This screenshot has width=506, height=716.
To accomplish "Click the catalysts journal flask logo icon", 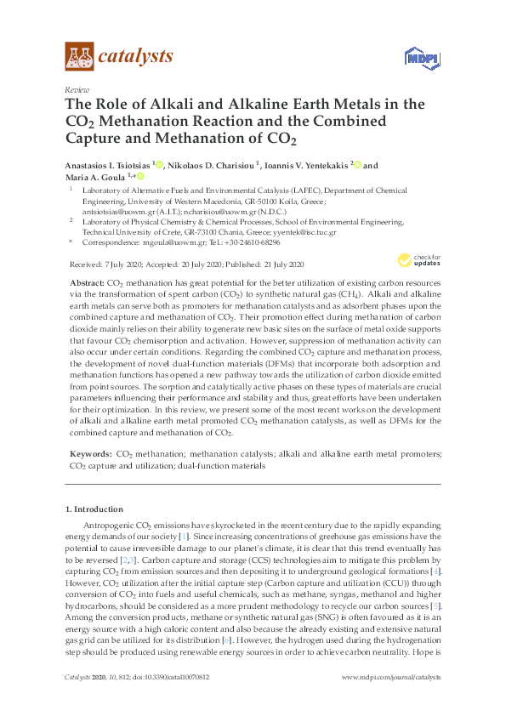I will click(x=80, y=57).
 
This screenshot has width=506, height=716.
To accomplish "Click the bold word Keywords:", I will click(x=89, y=455).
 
